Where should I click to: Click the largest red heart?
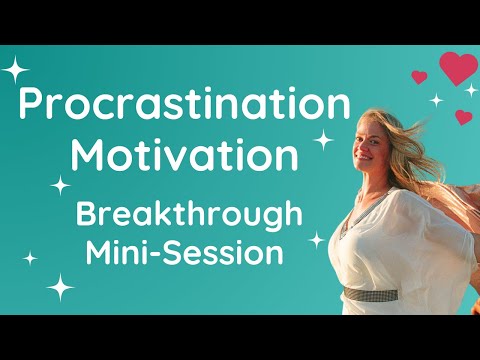point(458,68)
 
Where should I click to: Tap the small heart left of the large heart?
point(419,76)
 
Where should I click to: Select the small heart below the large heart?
point(463,117)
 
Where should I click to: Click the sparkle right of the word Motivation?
point(323,142)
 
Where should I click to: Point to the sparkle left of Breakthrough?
point(61,184)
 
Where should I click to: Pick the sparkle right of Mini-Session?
point(316,239)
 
